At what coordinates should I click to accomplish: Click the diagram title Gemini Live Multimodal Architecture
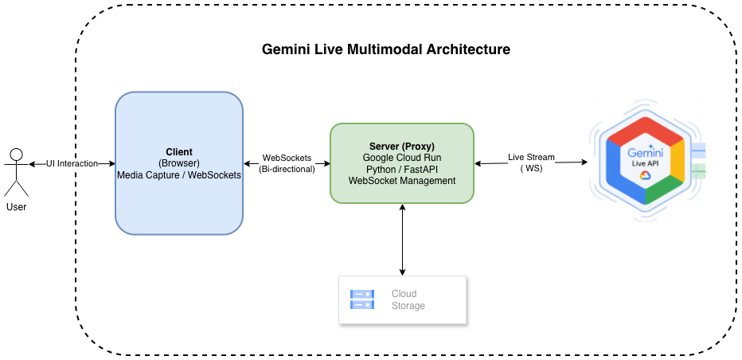pyautogui.click(x=386, y=49)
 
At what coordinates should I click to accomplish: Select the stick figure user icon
pyautogui.click(x=16, y=170)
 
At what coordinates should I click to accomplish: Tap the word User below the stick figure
pyautogui.click(x=16, y=206)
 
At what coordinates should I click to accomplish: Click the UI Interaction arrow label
pyautogui.click(x=72, y=163)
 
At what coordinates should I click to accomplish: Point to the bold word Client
pyautogui.click(x=179, y=152)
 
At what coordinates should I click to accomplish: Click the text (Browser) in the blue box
pyautogui.click(x=179, y=163)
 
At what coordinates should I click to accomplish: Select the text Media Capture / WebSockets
pyautogui.click(x=179, y=174)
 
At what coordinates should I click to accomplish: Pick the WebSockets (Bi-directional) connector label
pyautogui.click(x=287, y=163)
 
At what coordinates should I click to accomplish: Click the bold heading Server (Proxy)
pyautogui.click(x=401, y=147)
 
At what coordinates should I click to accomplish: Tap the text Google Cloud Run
pyautogui.click(x=401, y=158)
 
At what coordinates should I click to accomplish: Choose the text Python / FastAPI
pyautogui.click(x=401, y=169)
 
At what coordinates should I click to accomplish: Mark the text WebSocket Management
pyautogui.click(x=401, y=181)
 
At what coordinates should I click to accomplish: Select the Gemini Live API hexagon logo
pyautogui.click(x=646, y=162)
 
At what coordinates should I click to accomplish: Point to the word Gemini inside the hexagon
pyautogui.click(x=645, y=151)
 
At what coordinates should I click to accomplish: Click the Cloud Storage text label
pyautogui.click(x=408, y=299)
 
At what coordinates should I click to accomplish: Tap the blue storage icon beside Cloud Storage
pyautogui.click(x=362, y=299)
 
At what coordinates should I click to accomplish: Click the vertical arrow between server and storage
pyautogui.click(x=402, y=239)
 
